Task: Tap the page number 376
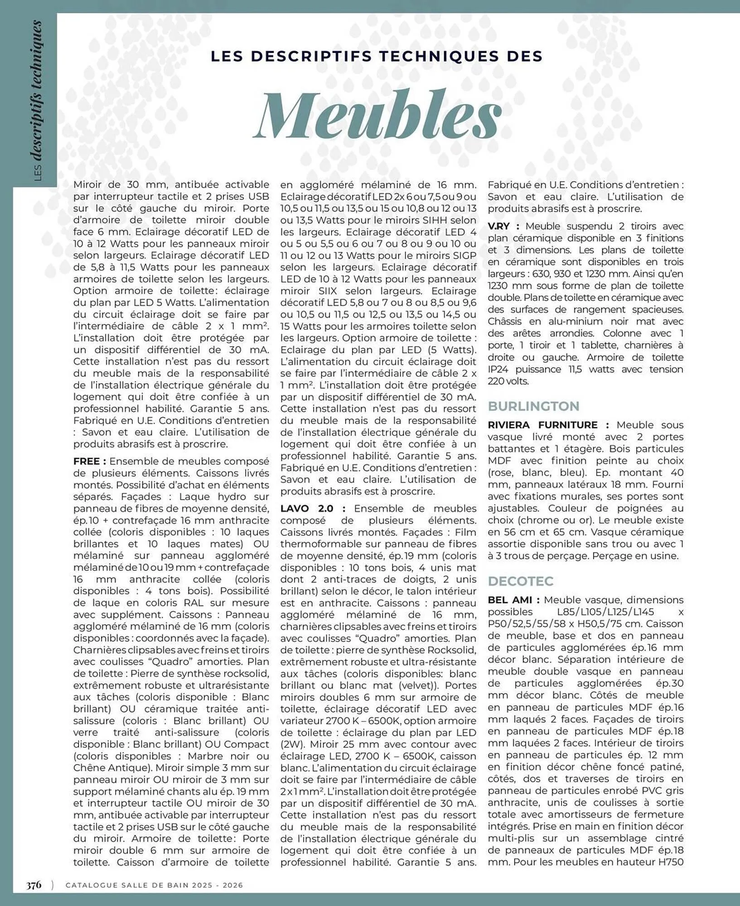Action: (x=34, y=885)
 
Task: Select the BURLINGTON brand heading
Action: (x=533, y=406)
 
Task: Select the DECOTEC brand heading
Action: (x=521, y=581)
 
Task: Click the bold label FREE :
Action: (x=90, y=461)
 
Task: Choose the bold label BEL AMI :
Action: (x=513, y=600)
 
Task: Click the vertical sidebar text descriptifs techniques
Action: (x=39, y=91)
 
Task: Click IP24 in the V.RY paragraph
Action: (x=498, y=369)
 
